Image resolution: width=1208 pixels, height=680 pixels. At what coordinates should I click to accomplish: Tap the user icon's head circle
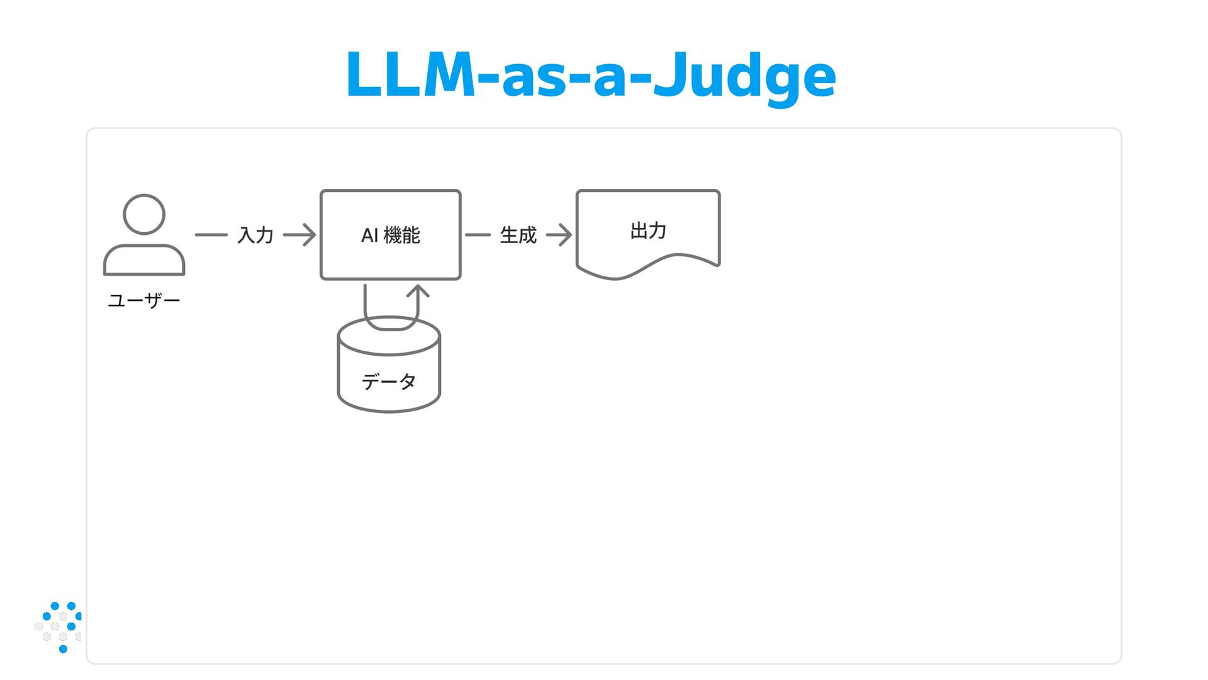coord(144,214)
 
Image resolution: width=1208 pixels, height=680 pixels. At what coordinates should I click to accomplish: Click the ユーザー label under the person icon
coord(144,300)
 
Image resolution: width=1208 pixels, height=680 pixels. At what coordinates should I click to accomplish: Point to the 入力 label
coord(255,235)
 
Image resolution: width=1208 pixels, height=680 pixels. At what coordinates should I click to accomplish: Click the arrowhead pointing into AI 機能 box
coord(308,235)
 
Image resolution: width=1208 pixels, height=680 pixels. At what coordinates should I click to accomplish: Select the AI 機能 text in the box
coord(391,235)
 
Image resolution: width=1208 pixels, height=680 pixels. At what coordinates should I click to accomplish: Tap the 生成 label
coord(518,235)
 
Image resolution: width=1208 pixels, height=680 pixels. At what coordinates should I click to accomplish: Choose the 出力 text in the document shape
coord(648,230)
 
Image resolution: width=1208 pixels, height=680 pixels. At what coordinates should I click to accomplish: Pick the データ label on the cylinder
coord(389,382)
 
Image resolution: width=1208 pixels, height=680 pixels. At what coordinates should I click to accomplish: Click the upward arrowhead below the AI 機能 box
coord(418,292)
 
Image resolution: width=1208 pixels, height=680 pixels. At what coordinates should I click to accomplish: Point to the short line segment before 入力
coord(211,235)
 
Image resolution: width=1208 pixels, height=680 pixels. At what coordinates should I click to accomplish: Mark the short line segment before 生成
coord(478,235)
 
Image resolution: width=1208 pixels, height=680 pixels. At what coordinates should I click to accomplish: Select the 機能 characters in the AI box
coord(401,235)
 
